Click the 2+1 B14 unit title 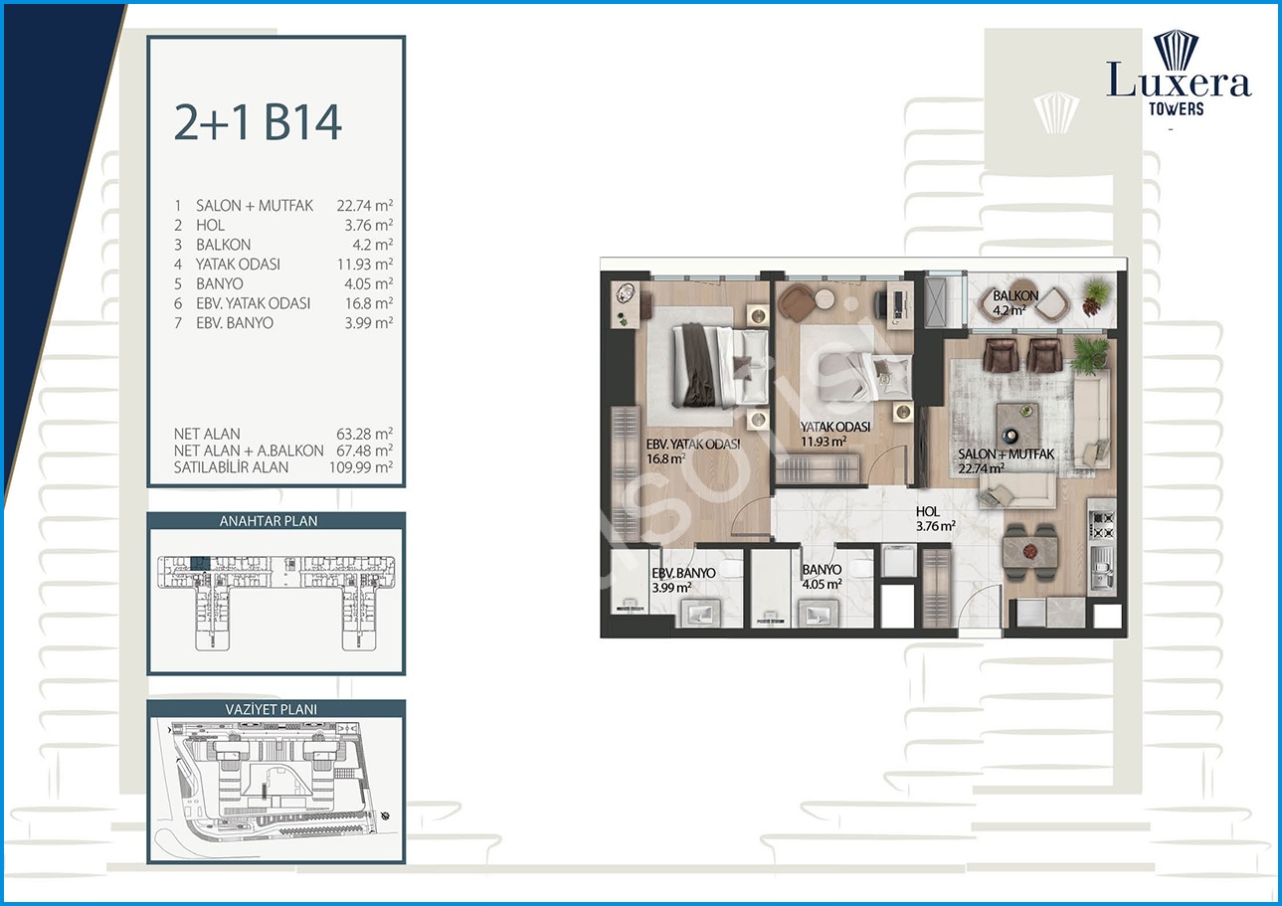(258, 123)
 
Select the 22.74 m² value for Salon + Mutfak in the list (365, 206)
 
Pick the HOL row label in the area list (210, 225)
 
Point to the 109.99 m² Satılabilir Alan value (361, 467)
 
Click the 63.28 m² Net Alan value (365, 434)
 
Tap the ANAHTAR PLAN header (269, 521)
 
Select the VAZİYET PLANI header (272, 709)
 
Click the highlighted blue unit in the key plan (200, 563)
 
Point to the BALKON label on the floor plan (1015, 296)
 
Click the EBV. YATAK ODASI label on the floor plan (693, 444)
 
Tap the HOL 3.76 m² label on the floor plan (935, 519)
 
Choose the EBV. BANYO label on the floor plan (683, 573)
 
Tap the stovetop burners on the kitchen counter (1102, 526)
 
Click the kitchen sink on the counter (1102, 568)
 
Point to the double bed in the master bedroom (720, 366)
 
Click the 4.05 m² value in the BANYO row (369, 283)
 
